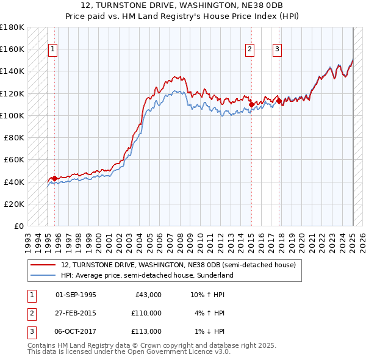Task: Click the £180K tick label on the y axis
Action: (12, 27)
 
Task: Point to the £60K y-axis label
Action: (14, 160)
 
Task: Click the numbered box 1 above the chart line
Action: (52, 50)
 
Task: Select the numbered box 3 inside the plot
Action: (277, 50)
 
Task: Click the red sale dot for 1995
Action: (54, 178)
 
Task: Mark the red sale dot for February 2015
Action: (251, 104)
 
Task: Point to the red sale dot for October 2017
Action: (279, 101)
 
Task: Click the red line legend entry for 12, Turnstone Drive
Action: (178, 265)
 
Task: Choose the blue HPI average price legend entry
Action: (146, 275)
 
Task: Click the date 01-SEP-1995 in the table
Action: (76, 295)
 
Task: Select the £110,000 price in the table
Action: (146, 313)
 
